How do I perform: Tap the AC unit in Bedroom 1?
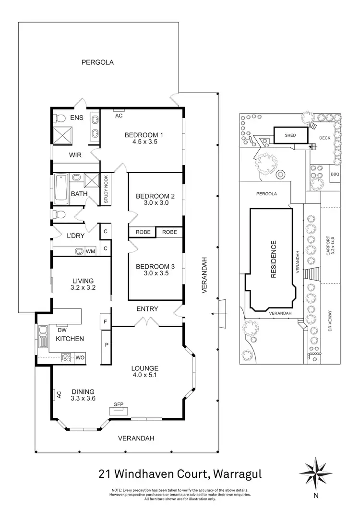click(x=118, y=115)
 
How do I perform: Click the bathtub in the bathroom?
click(x=60, y=188)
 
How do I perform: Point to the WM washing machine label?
click(x=90, y=251)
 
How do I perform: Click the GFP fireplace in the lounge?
click(x=118, y=409)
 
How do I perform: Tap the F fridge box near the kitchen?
click(x=105, y=320)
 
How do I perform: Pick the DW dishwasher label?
click(x=61, y=330)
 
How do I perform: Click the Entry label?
click(x=147, y=309)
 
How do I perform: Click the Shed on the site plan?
click(x=290, y=135)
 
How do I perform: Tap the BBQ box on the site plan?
click(x=335, y=174)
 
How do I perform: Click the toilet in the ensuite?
click(x=60, y=118)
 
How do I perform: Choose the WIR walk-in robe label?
click(x=75, y=155)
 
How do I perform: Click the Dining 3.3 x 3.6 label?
click(x=82, y=394)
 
